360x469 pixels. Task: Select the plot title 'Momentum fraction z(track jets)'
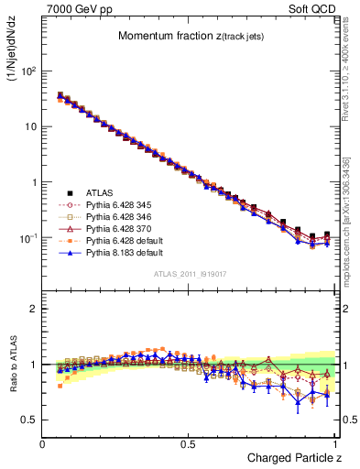[190, 36]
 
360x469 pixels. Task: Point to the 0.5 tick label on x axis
[189, 443]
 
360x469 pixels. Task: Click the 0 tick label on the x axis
[44, 443]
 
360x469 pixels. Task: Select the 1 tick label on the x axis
[334, 443]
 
